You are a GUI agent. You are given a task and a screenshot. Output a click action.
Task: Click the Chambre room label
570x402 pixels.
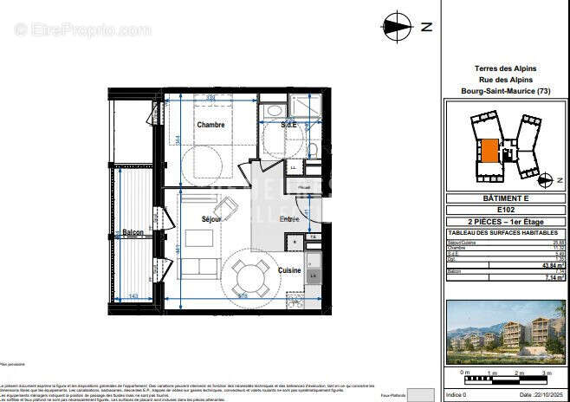(211, 125)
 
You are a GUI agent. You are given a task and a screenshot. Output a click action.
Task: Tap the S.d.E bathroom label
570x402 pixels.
(289, 125)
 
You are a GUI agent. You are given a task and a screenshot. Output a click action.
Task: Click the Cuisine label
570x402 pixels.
(289, 270)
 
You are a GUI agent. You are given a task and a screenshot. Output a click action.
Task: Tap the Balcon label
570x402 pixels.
(133, 233)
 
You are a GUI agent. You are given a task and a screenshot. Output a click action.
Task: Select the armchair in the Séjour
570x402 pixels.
(227, 208)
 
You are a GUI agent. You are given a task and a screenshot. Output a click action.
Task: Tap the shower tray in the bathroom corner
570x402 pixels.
(305, 107)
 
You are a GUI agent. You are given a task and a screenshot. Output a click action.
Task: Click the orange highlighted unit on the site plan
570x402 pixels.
(489, 151)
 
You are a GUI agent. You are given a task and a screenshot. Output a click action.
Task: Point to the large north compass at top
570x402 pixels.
(398, 26)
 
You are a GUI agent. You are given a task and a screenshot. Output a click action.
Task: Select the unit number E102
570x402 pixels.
(505, 210)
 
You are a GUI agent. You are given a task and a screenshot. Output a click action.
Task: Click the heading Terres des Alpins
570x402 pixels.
(505, 68)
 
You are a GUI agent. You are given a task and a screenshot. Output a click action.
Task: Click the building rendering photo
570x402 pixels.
(504, 333)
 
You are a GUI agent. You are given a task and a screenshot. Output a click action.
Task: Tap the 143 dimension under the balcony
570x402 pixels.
(133, 297)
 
